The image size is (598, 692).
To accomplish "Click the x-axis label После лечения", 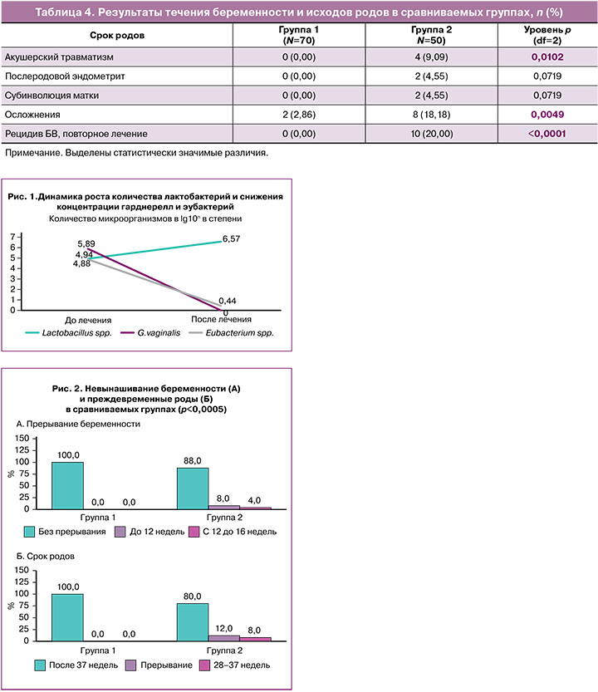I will pos(221,319).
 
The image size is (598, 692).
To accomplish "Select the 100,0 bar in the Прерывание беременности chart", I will pos(68,485).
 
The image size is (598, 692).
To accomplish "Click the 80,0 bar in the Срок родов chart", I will pos(193,622).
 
